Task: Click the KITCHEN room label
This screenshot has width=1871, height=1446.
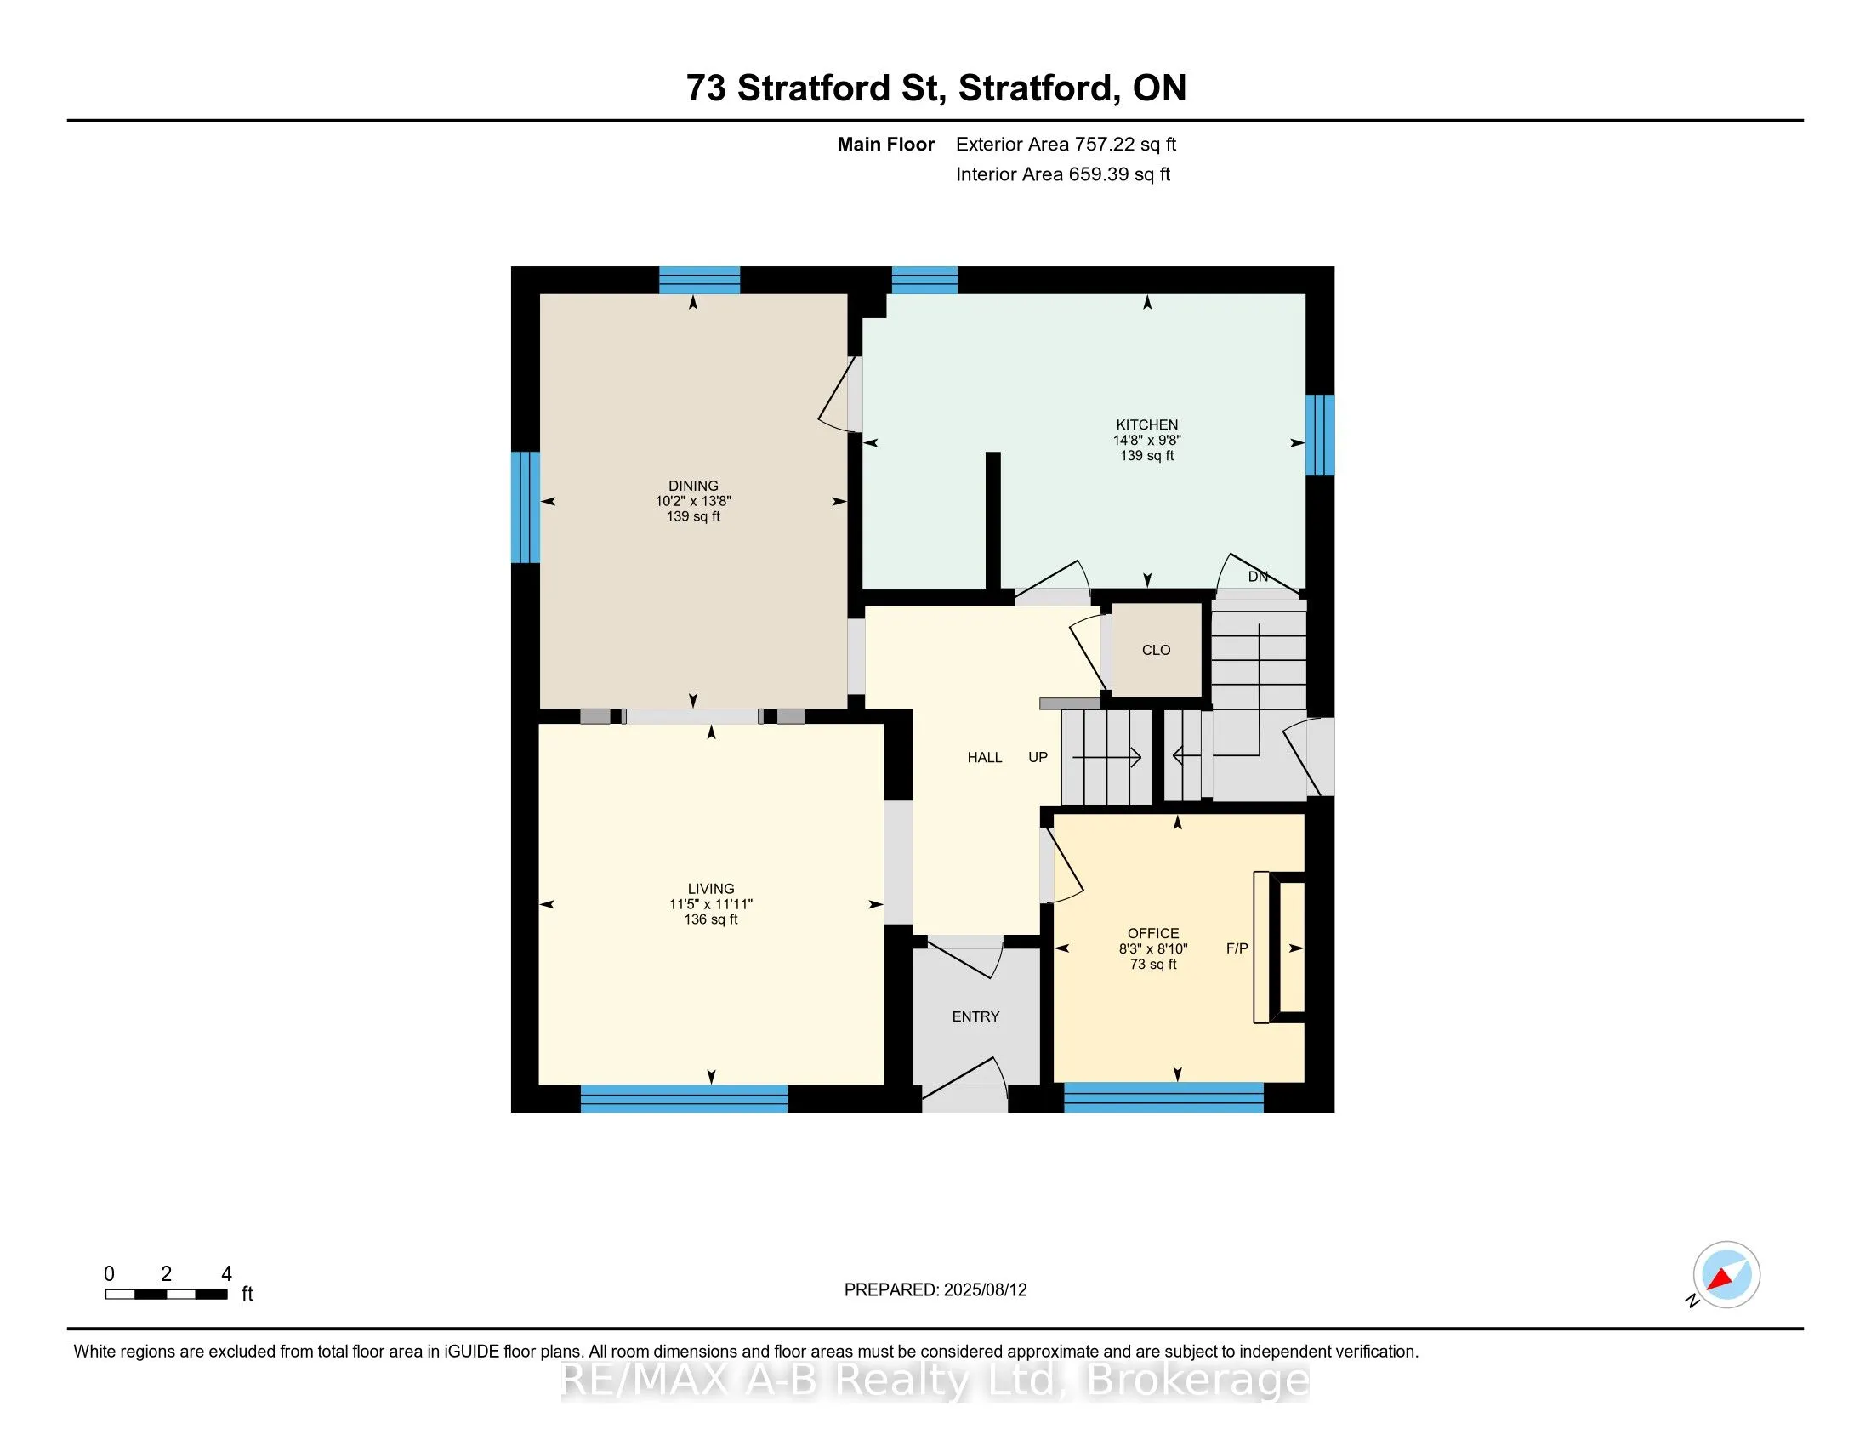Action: pos(1146,425)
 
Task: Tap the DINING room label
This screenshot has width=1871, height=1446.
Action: pos(693,486)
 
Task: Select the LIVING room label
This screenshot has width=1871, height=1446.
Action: pos(711,889)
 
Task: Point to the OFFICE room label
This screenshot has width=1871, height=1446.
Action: pos(1153,934)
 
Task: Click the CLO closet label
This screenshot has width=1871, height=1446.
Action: pos(1156,650)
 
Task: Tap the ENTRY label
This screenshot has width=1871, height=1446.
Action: pos(975,1016)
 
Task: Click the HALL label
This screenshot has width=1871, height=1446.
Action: pos(984,757)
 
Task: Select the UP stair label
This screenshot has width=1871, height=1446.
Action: pos(1038,757)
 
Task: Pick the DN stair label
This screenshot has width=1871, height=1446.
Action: pos(1258,577)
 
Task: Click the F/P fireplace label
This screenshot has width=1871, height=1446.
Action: pos(1237,948)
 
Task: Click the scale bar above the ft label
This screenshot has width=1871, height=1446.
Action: pos(166,1295)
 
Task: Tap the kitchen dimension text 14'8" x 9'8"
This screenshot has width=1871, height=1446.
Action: pos(1146,441)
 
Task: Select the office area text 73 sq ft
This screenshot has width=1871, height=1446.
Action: pos(1153,965)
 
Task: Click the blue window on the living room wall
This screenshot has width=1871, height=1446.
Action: pos(684,1098)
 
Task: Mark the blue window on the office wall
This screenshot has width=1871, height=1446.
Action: pos(1163,1097)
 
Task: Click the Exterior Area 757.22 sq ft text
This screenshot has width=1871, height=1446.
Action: pos(1066,145)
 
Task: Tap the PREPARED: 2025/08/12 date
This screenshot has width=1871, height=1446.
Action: pos(935,1290)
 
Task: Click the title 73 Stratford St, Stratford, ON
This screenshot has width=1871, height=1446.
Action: pos(936,88)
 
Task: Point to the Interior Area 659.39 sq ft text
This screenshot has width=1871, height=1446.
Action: pos(1063,174)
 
